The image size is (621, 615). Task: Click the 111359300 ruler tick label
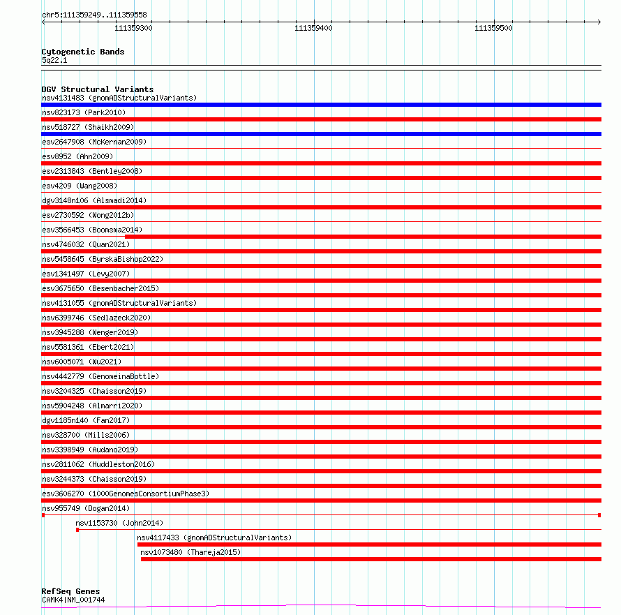click(x=133, y=28)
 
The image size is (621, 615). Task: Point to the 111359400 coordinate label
click(x=313, y=28)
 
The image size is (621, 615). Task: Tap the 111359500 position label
click(x=493, y=28)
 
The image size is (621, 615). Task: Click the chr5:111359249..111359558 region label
click(x=94, y=15)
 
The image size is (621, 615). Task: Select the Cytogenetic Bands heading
click(x=82, y=52)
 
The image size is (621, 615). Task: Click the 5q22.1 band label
click(x=54, y=60)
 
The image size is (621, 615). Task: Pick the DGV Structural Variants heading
click(x=97, y=89)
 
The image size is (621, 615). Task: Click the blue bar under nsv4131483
click(x=321, y=105)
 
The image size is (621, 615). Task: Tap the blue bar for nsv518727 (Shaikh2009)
click(x=321, y=134)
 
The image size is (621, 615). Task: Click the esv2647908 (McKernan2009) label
click(x=94, y=142)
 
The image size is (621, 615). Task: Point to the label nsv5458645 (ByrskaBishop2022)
click(x=102, y=259)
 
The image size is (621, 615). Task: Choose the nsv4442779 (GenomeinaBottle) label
click(x=100, y=376)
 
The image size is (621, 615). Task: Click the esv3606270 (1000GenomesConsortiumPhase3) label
click(x=125, y=494)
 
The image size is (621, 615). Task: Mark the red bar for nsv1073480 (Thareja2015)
click(x=371, y=559)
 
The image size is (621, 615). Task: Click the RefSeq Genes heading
click(x=70, y=591)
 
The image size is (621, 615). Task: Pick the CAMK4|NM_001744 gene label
click(x=73, y=600)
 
